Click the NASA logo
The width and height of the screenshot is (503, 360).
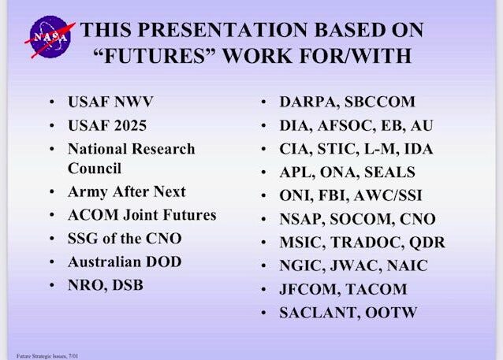coord(50,37)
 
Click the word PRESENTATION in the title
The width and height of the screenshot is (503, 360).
coord(223,30)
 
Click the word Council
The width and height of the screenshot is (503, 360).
coord(95,169)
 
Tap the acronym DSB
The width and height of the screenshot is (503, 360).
coord(128,285)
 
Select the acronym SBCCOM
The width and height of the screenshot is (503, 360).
coord(380,102)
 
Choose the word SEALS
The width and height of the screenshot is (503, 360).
coord(389,173)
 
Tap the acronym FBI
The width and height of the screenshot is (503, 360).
coord(333,196)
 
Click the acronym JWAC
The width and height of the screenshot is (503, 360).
coord(356,266)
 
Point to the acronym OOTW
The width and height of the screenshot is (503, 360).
coord(391,313)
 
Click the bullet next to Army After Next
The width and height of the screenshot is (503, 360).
coord(52,191)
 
